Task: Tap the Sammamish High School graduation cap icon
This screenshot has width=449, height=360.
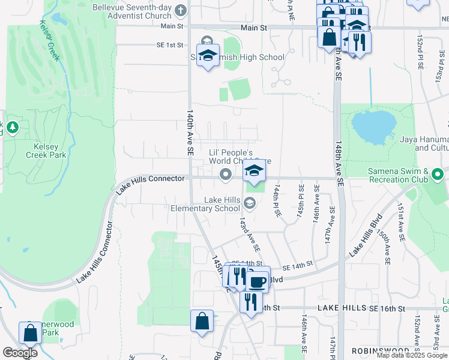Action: point(208,56)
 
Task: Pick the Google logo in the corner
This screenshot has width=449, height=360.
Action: point(20,353)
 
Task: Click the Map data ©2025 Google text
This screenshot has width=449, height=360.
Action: point(412,355)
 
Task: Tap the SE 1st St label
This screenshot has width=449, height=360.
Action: point(169,45)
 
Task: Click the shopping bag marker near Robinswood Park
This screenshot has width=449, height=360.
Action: point(30,333)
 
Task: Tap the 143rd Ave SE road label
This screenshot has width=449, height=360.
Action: point(249,235)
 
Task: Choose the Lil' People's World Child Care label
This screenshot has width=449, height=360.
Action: point(240,157)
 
